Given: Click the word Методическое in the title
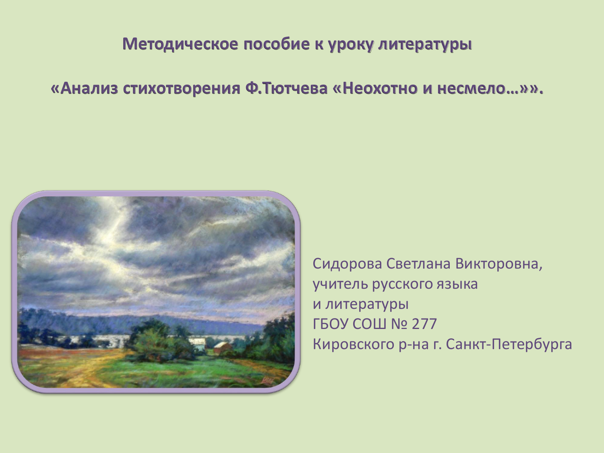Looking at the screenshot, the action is [180, 44].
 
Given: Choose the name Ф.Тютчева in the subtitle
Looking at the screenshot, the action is [286, 88].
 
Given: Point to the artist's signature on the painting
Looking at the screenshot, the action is [267, 381].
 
